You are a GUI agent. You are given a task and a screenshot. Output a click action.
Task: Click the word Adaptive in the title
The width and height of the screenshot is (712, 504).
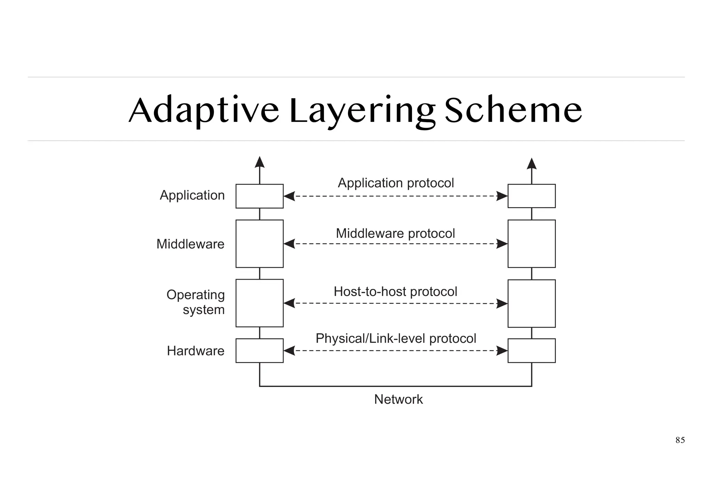(x=204, y=111)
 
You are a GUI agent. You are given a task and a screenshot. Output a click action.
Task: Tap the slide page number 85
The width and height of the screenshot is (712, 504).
(x=680, y=440)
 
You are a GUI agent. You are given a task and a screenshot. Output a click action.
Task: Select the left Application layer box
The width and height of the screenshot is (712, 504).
(x=259, y=196)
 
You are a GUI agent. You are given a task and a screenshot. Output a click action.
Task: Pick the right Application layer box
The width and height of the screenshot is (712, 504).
(x=532, y=196)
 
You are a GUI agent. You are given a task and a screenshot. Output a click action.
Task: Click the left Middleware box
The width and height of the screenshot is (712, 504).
(x=259, y=244)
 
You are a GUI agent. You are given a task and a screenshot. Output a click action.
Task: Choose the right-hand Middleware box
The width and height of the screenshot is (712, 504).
(x=532, y=244)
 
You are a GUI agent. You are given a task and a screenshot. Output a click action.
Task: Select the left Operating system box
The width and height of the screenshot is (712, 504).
(x=259, y=303)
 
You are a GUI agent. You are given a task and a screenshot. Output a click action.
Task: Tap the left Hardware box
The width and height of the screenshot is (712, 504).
(x=259, y=351)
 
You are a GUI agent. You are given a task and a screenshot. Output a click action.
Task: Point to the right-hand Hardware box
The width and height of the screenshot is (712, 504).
(x=532, y=351)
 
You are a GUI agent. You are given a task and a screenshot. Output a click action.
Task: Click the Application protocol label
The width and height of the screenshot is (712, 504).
(x=396, y=183)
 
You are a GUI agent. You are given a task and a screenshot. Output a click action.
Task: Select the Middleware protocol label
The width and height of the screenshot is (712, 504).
(x=395, y=234)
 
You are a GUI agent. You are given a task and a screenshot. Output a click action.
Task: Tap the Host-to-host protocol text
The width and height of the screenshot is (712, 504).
(x=395, y=292)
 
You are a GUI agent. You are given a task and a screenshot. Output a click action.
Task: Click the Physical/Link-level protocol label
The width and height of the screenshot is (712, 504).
(x=396, y=338)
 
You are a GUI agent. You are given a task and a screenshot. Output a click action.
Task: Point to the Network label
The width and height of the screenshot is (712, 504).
(x=398, y=399)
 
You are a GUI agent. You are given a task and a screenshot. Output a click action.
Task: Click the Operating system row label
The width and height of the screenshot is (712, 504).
(x=196, y=302)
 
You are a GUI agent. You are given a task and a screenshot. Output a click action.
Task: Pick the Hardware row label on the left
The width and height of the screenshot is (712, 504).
(x=195, y=351)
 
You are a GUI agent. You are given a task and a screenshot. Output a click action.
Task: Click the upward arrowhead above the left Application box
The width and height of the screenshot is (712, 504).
(x=259, y=162)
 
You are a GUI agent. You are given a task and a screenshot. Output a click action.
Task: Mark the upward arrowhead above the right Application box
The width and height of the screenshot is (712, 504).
(x=532, y=164)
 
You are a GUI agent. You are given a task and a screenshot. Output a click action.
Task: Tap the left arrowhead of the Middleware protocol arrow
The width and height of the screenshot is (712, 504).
(x=289, y=244)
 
